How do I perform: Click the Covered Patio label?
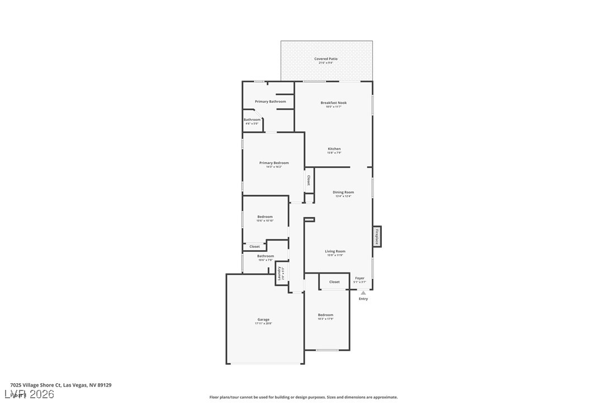click(326, 59)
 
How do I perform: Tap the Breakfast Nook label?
click(334, 103)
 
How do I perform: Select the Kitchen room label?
click(334, 149)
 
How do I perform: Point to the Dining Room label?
click(343, 192)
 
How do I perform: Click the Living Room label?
click(335, 252)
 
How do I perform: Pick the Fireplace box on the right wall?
click(377, 237)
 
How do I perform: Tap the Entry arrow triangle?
click(363, 293)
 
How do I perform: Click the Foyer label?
click(360, 278)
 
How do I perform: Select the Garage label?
click(263, 320)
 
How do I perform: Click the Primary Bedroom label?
click(274, 163)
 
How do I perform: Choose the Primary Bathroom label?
click(271, 102)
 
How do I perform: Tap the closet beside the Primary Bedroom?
click(309, 180)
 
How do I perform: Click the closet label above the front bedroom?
click(334, 282)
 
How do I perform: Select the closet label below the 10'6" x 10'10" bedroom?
click(254, 247)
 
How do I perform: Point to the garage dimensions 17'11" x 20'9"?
click(263, 324)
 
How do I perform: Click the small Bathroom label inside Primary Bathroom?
click(252, 120)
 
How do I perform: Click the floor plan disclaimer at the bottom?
click(303, 397)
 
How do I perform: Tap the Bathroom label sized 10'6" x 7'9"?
click(265, 256)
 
